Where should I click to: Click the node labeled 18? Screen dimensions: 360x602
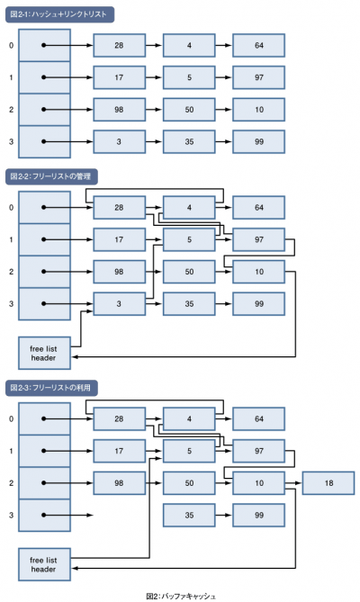[x=328, y=483]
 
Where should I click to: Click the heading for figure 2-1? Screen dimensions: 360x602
[x=59, y=14]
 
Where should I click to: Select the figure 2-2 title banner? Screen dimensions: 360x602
[x=51, y=176]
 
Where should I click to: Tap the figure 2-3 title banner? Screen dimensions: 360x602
[x=51, y=388]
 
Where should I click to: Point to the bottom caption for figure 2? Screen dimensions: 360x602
[x=181, y=597]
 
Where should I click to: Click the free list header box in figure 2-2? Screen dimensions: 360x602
[x=44, y=354]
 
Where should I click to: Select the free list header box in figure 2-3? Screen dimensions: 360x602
[x=44, y=564]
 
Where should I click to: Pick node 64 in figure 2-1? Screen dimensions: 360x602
[x=258, y=45]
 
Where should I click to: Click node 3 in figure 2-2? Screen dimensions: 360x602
[x=120, y=303]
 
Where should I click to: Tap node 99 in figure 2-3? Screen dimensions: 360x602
[x=258, y=515]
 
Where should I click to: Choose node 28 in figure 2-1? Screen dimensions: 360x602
[x=120, y=45]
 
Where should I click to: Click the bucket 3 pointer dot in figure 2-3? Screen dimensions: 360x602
[x=44, y=515]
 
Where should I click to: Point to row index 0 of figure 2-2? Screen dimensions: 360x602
[x=11, y=207]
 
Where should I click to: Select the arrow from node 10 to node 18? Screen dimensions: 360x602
[x=293, y=483]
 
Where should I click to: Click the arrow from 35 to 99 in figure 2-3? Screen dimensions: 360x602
[x=224, y=515]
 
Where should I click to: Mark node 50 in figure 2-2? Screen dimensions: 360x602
[x=189, y=272]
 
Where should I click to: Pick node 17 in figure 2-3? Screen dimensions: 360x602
[x=120, y=451]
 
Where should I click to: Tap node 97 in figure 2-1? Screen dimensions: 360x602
[x=258, y=77]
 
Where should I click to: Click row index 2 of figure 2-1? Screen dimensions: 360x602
[x=11, y=110]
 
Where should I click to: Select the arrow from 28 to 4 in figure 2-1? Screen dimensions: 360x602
[x=154, y=45]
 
